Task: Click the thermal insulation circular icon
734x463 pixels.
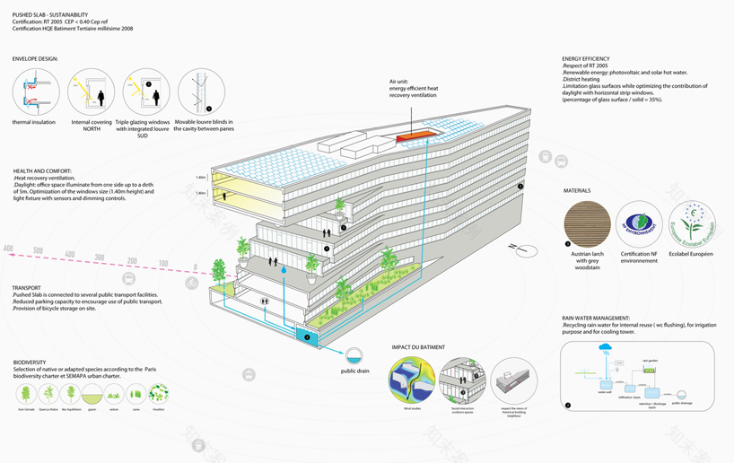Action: (x=34, y=92)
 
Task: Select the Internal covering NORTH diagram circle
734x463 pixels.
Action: (x=91, y=92)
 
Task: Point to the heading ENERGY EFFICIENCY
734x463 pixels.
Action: (x=590, y=59)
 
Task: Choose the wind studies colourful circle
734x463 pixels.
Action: (x=415, y=380)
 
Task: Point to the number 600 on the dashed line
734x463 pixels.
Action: (x=8, y=249)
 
